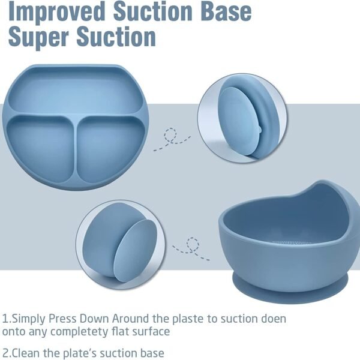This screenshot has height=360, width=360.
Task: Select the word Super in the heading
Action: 38,37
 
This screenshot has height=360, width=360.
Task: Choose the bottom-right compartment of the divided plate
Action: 110,149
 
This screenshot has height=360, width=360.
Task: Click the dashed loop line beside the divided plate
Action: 172,139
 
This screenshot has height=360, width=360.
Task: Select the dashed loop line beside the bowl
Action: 191,249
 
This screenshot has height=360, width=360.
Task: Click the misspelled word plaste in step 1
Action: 188,319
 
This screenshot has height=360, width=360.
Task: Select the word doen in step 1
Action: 274,319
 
